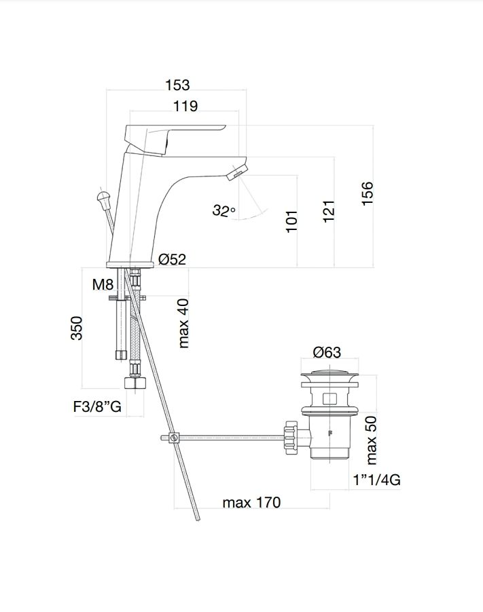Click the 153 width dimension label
(177, 85)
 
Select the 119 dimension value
(185, 106)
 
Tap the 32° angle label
(224, 211)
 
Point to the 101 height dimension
(291, 222)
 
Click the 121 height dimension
(329, 211)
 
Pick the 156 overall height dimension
(367, 193)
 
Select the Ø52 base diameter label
(173, 259)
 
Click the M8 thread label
(103, 284)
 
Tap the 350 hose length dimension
(77, 328)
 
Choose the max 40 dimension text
(183, 324)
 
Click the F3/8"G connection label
(97, 406)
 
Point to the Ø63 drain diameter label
(327, 352)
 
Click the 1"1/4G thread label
(377, 480)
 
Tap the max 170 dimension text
(251, 502)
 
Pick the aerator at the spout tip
(237, 172)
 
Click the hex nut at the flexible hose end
(135, 382)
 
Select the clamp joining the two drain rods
(173, 437)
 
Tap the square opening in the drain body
(330, 398)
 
